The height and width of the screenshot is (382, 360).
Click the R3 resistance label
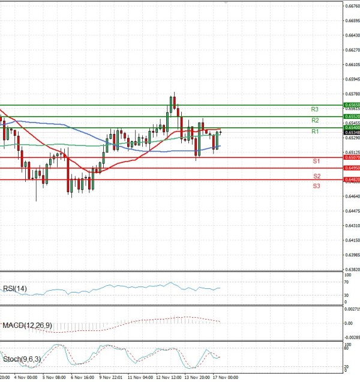(x=314, y=109)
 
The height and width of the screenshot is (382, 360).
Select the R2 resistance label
(x=314, y=121)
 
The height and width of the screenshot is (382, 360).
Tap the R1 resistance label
(x=314, y=131)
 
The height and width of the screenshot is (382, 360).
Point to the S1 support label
(x=316, y=162)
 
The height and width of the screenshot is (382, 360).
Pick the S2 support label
(x=316, y=176)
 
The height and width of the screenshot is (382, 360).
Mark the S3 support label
(x=316, y=186)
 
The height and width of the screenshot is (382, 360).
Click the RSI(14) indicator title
(x=16, y=289)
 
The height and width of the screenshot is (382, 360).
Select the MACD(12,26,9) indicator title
(x=27, y=325)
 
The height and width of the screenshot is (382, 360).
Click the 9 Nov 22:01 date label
(x=111, y=378)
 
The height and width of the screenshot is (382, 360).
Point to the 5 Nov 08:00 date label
(x=54, y=378)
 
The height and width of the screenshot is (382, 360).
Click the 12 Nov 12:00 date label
(x=169, y=378)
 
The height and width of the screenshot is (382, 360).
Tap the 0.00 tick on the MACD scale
(x=349, y=323)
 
